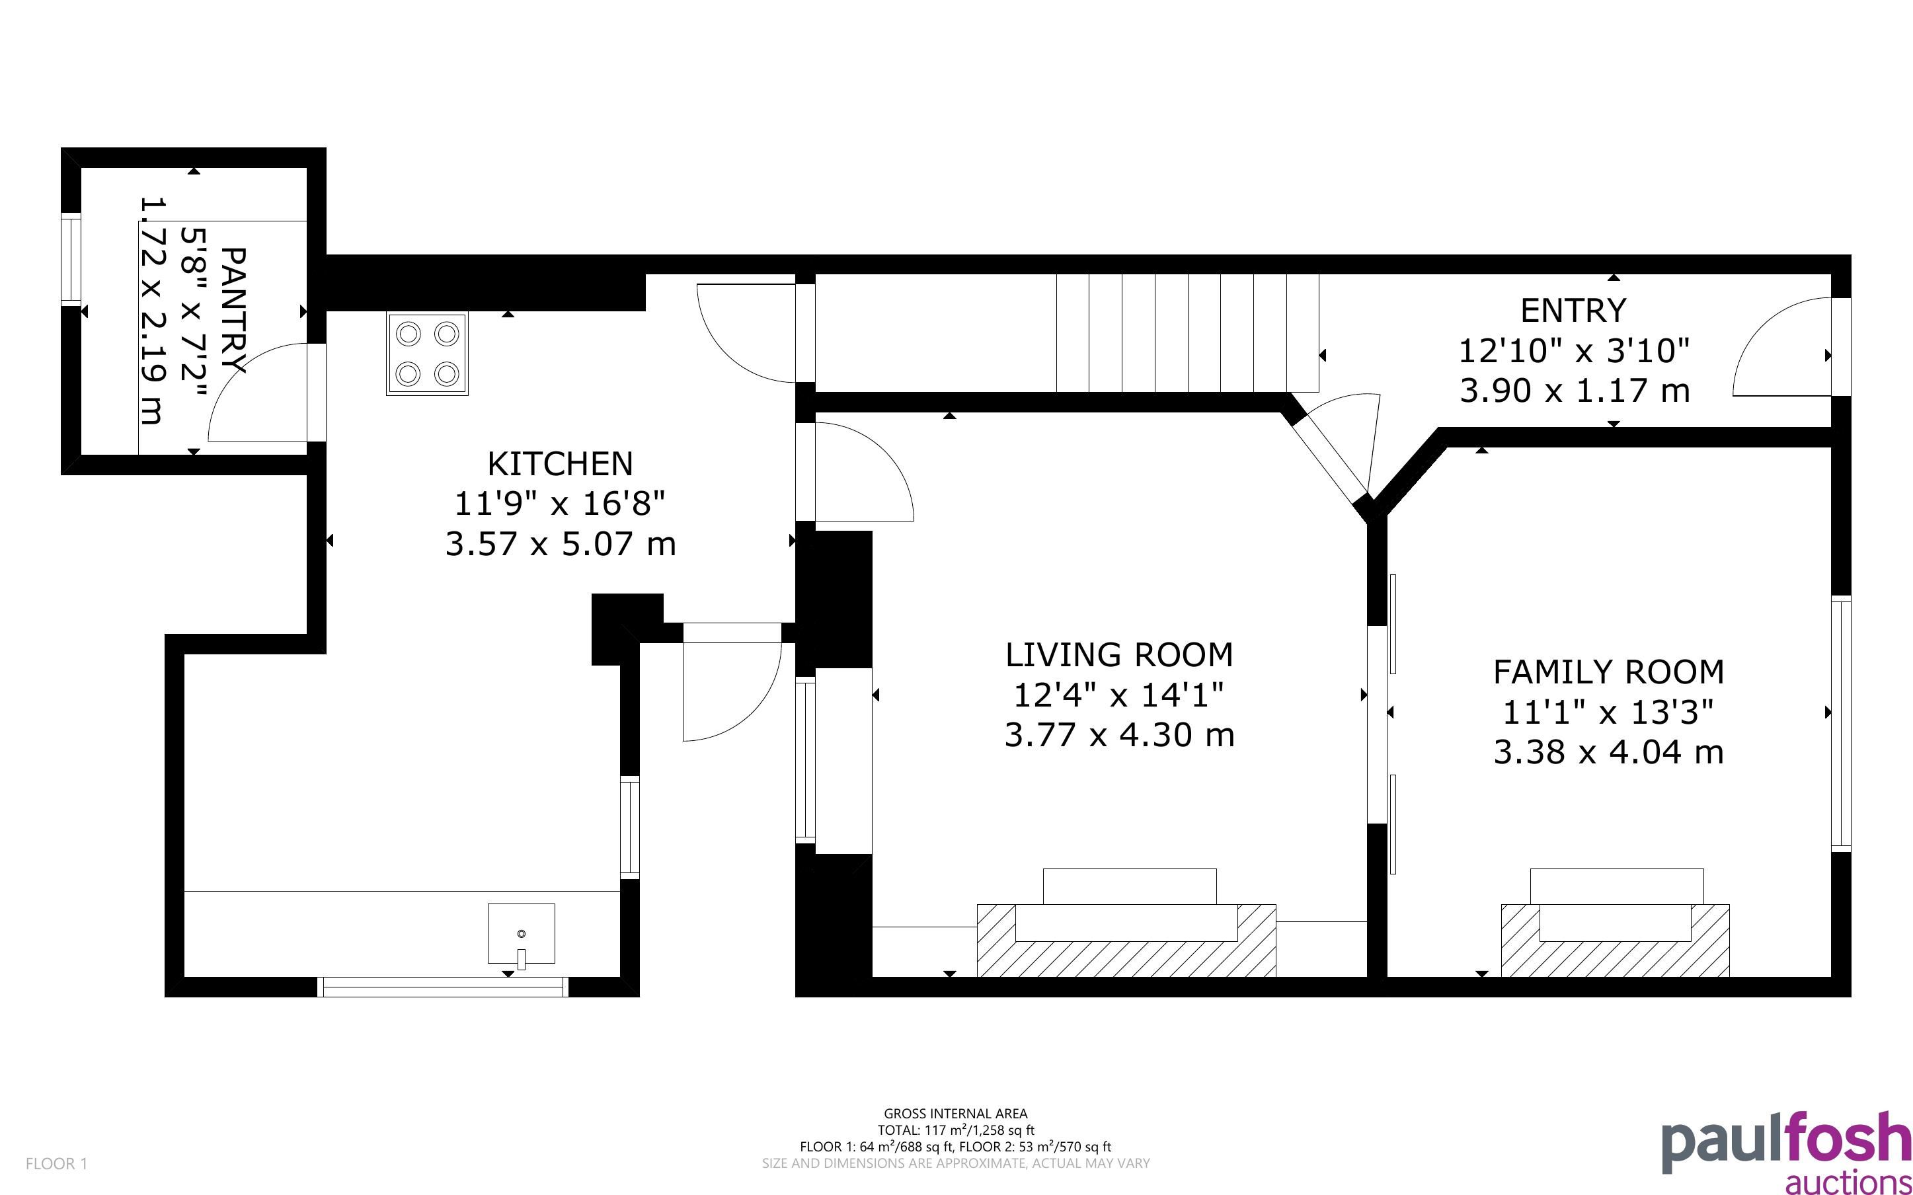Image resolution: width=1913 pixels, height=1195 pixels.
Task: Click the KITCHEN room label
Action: (x=561, y=464)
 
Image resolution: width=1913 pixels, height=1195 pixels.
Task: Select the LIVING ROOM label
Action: (x=1119, y=655)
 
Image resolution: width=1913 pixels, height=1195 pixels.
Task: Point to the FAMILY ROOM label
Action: (x=1608, y=672)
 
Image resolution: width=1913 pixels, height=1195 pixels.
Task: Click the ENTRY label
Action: (x=1573, y=311)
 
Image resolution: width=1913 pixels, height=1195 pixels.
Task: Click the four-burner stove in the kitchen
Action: (x=427, y=354)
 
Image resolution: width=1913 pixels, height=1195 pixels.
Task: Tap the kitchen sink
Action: (x=522, y=934)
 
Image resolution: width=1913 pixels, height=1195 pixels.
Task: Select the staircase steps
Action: (x=1189, y=332)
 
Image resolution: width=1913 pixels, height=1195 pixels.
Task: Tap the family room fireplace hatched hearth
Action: (x=1615, y=941)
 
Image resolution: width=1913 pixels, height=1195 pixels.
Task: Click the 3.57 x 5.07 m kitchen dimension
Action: (x=561, y=545)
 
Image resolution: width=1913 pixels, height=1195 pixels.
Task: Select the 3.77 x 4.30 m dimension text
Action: (x=1119, y=736)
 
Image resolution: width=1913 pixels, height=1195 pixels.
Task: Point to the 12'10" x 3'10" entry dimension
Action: (x=1573, y=351)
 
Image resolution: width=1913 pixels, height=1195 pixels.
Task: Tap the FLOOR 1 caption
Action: (x=57, y=1163)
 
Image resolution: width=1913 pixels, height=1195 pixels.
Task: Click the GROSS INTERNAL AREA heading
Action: (x=955, y=1114)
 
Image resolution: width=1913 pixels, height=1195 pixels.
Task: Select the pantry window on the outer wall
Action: (x=71, y=260)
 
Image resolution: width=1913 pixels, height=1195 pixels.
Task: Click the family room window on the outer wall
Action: (x=1841, y=723)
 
